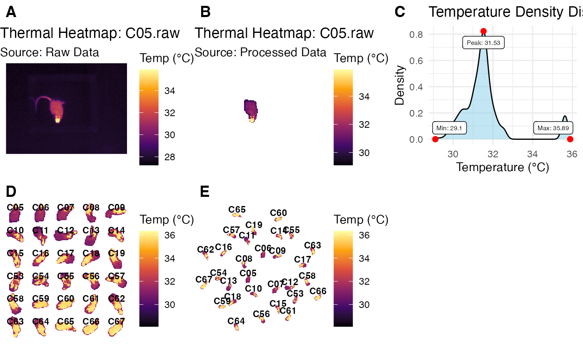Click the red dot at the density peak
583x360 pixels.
[x=483, y=31]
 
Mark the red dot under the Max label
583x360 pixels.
[x=570, y=139]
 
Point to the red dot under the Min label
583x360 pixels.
[x=435, y=139]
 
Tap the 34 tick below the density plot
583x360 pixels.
[x=533, y=154]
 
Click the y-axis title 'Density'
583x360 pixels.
[x=400, y=85]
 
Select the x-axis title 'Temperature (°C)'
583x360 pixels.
[x=503, y=167]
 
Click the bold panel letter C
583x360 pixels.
[x=400, y=12]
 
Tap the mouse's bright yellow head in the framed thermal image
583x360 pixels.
[x=57, y=119]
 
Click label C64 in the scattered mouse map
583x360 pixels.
[x=236, y=321]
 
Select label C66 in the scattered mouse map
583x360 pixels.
[x=318, y=291]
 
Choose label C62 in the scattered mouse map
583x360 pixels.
[x=205, y=250]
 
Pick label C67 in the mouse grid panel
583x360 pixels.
[x=117, y=321]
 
